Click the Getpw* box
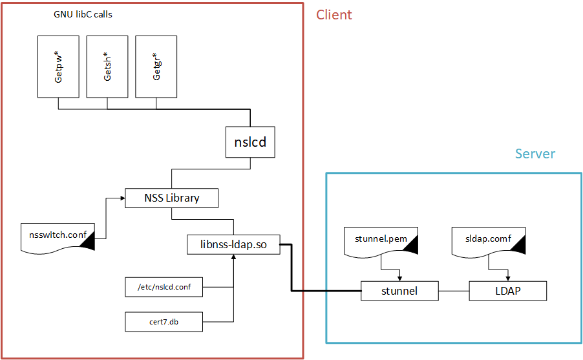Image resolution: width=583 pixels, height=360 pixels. click(58, 67)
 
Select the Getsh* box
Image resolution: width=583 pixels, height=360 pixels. click(107, 67)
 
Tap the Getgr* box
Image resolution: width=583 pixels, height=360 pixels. click(156, 67)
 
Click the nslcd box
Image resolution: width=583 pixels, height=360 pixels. click(250, 142)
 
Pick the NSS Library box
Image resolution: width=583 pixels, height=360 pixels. click(171, 198)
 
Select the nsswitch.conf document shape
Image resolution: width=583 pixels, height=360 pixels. click(58, 235)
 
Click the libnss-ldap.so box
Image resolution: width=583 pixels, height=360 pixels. click(234, 244)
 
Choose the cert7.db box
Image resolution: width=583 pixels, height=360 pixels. click(164, 321)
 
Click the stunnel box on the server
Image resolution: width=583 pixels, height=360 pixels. click(399, 291)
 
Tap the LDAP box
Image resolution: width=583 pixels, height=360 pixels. click(508, 291)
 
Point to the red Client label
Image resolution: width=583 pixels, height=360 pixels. click(334, 15)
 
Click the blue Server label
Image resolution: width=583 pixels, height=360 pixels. click(535, 154)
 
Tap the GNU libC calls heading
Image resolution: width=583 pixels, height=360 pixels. click(82, 14)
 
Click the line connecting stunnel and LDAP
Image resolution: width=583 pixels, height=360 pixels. click(454, 291)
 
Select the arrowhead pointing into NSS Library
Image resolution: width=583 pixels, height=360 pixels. click(122, 198)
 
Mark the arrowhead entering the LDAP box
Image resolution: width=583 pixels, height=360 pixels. click(508, 279)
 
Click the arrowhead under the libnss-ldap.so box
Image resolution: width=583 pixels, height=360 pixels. click(233, 257)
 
